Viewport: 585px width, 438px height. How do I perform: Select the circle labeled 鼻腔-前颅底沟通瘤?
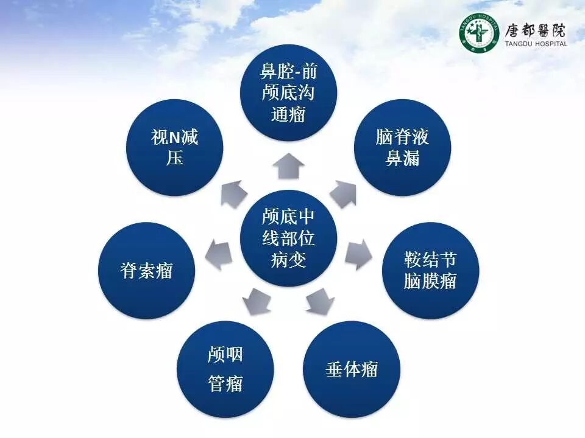pos(288,92)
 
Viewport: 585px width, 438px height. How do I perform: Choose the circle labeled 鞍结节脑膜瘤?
pos(430,270)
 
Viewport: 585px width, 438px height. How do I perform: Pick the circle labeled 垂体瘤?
pos(352,369)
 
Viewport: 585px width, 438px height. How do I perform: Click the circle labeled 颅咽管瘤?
pos(225,369)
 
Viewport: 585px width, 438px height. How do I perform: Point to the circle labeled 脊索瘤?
pos(147,270)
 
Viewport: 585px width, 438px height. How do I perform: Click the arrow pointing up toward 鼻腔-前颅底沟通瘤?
pos(288,165)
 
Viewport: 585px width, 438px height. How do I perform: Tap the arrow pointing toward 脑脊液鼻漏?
pos(343,194)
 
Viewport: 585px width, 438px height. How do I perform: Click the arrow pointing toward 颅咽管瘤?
pos(257,301)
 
